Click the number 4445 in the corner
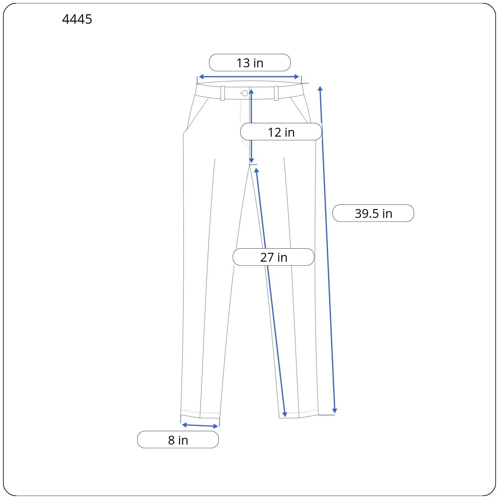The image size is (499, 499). coord(77,19)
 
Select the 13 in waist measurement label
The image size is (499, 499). coord(250,63)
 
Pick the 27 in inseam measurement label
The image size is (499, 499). coord(274,257)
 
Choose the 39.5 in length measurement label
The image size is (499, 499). coord(373,213)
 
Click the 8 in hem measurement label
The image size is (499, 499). coord(178,440)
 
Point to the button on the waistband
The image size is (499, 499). coord(245,93)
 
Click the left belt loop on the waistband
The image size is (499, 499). coord(223,93)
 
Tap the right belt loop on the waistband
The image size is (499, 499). coord(276,93)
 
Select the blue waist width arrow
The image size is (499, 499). coord(249,77)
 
